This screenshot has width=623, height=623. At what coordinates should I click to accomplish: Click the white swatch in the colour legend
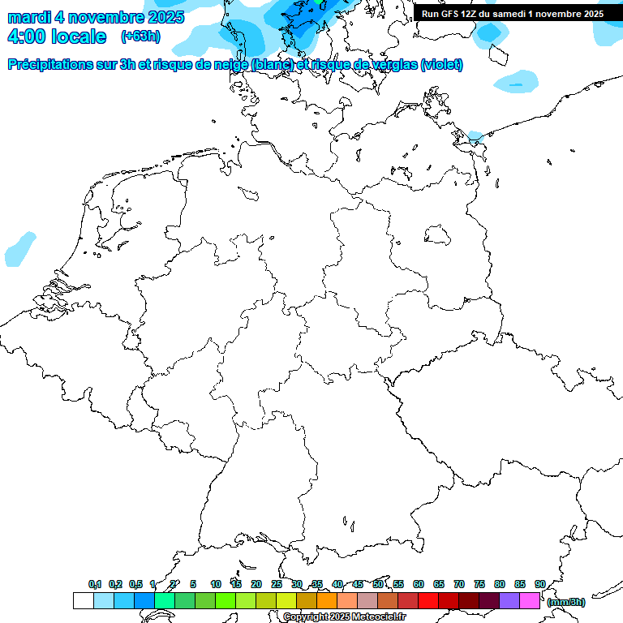tap(83, 600)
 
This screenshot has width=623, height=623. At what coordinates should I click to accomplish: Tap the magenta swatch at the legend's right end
tap(530, 600)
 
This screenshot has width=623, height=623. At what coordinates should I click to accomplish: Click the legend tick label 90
tap(539, 584)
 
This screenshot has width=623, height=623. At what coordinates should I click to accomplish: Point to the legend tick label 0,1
tap(94, 584)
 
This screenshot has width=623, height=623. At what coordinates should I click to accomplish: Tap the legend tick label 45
tap(358, 584)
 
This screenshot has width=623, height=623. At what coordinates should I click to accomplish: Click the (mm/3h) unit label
tap(565, 602)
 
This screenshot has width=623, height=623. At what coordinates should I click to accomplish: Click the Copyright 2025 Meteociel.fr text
tap(344, 617)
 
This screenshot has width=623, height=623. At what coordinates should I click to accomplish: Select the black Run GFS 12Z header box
tap(513, 13)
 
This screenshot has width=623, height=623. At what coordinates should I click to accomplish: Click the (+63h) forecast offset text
tap(140, 37)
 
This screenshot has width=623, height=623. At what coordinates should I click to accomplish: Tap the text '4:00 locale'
tap(57, 37)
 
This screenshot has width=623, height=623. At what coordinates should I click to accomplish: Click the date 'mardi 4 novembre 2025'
tap(96, 16)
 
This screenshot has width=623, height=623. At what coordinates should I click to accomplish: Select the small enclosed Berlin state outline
tap(438, 234)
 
